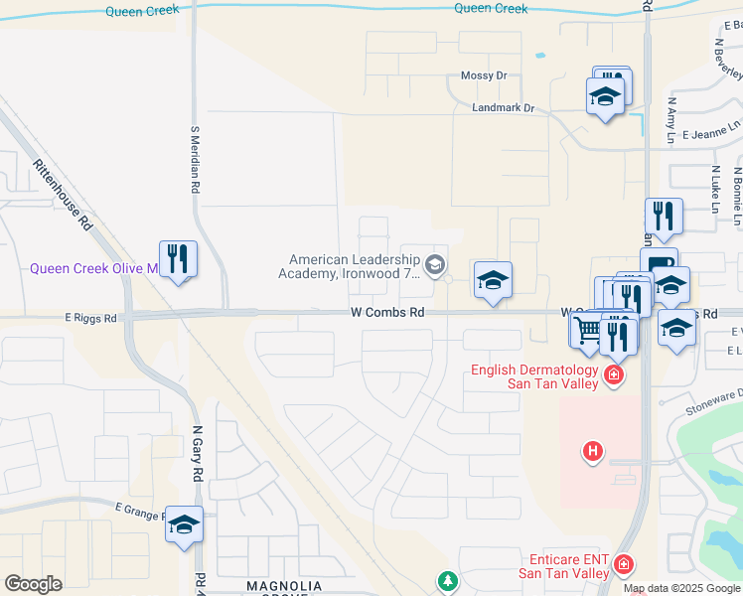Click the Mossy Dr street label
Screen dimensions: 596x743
pos(484,75)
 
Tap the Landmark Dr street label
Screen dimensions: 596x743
pos(504,108)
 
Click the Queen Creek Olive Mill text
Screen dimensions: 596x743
pos(93,268)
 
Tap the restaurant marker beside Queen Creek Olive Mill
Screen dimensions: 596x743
pos(178,259)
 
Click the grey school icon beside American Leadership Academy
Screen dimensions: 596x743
pos(433,264)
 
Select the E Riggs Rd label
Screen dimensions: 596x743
pos(90,319)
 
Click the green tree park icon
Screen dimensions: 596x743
pos(447,579)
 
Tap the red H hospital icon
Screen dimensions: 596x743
pos(593,452)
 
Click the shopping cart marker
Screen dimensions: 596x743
pos(588,330)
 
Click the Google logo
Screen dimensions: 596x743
pos(33,584)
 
